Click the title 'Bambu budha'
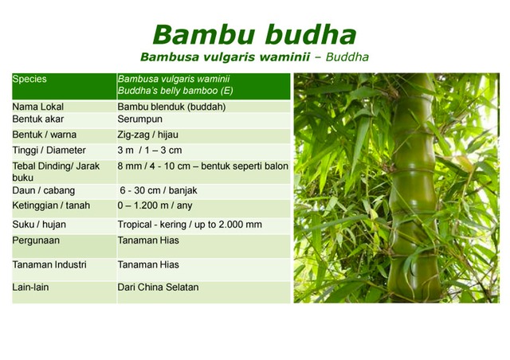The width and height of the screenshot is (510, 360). point(254,34)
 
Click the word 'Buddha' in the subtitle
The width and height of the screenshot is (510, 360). point(347,57)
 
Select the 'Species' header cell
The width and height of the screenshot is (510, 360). point(30,80)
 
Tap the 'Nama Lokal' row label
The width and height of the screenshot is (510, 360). point(38,107)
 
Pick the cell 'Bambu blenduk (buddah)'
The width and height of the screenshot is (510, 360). point(171,107)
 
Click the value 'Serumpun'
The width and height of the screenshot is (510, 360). point(141,119)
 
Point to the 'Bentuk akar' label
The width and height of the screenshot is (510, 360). point(38,119)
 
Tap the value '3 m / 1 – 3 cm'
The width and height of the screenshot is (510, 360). point(150,151)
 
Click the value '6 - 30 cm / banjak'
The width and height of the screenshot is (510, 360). point(159,190)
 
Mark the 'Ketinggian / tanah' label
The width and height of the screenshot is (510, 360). point(51,205)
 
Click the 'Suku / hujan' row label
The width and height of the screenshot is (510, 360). point(41,225)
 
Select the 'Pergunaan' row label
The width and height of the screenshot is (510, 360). point(37,241)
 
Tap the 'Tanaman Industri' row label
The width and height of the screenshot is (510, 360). point(49,264)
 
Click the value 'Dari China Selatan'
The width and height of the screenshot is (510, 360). point(158,287)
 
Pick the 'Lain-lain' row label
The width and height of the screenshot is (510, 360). point(32,287)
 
